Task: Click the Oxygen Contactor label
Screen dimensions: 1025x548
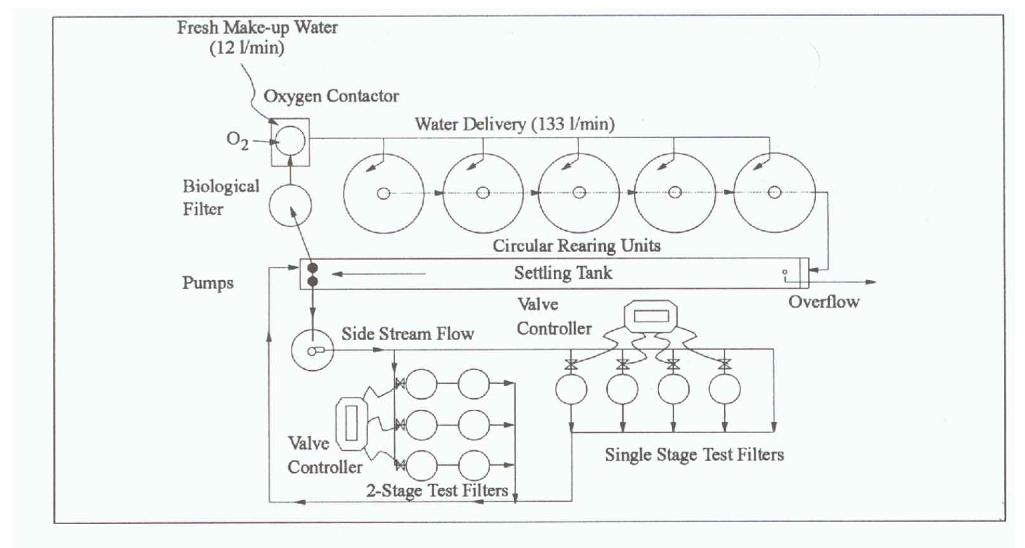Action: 331,96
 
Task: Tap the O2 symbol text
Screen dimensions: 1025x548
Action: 238,140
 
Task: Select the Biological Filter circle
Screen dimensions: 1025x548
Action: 290,205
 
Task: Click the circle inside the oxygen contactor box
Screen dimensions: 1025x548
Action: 290,141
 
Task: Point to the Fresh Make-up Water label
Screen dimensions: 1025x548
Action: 257,37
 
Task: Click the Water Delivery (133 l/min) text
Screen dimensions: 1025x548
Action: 515,124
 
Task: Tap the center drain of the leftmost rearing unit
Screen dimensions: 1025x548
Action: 384,193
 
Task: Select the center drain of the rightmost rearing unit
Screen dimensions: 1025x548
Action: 774,192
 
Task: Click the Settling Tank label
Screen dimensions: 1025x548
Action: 563,273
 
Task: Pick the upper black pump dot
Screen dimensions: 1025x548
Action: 312,268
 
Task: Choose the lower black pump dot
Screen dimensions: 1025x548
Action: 312,282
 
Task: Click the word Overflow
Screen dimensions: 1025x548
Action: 824,302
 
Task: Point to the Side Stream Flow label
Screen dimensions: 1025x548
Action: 408,334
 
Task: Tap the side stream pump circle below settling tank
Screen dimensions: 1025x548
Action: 312,350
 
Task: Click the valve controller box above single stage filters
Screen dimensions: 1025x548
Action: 651,316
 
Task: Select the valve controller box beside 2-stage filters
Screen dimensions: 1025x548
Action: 351,424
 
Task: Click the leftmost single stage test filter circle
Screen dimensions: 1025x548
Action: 571,389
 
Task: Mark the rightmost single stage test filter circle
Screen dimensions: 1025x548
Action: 725,389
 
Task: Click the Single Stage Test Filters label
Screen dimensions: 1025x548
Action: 694,455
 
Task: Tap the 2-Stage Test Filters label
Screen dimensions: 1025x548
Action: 437,490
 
